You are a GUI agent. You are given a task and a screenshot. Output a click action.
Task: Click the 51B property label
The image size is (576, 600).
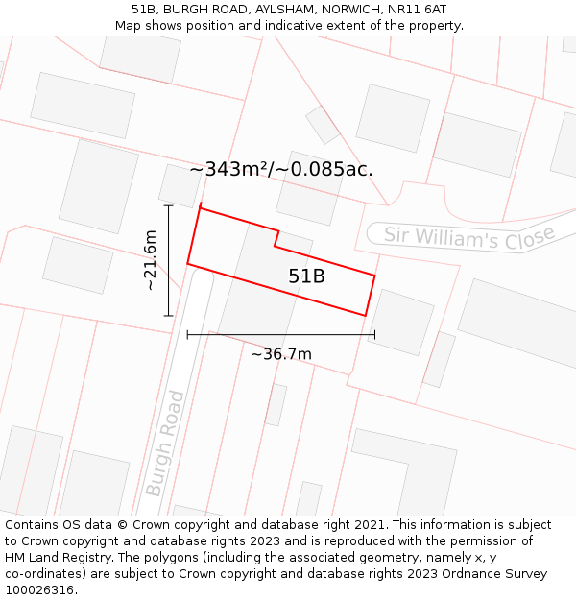[306, 276]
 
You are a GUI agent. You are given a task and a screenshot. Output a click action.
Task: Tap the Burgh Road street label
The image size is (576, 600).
[164, 443]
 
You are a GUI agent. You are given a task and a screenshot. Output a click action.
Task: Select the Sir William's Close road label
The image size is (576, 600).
[469, 236]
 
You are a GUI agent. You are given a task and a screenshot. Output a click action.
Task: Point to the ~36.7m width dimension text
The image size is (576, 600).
[280, 354]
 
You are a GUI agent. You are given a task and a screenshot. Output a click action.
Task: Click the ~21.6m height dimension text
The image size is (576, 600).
[150, 260]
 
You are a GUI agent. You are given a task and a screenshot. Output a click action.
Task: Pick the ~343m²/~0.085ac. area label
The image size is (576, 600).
[281, 170]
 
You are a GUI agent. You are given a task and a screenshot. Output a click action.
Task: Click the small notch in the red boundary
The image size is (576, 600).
[276, 238]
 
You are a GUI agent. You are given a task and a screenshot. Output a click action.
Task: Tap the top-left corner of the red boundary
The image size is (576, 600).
[200, 206]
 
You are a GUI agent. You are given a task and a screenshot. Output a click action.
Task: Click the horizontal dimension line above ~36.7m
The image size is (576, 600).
[280, 334]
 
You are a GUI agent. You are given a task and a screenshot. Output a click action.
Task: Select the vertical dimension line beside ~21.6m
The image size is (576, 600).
[168, 260]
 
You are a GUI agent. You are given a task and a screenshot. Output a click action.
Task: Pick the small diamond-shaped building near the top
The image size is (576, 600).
[323, 125]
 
